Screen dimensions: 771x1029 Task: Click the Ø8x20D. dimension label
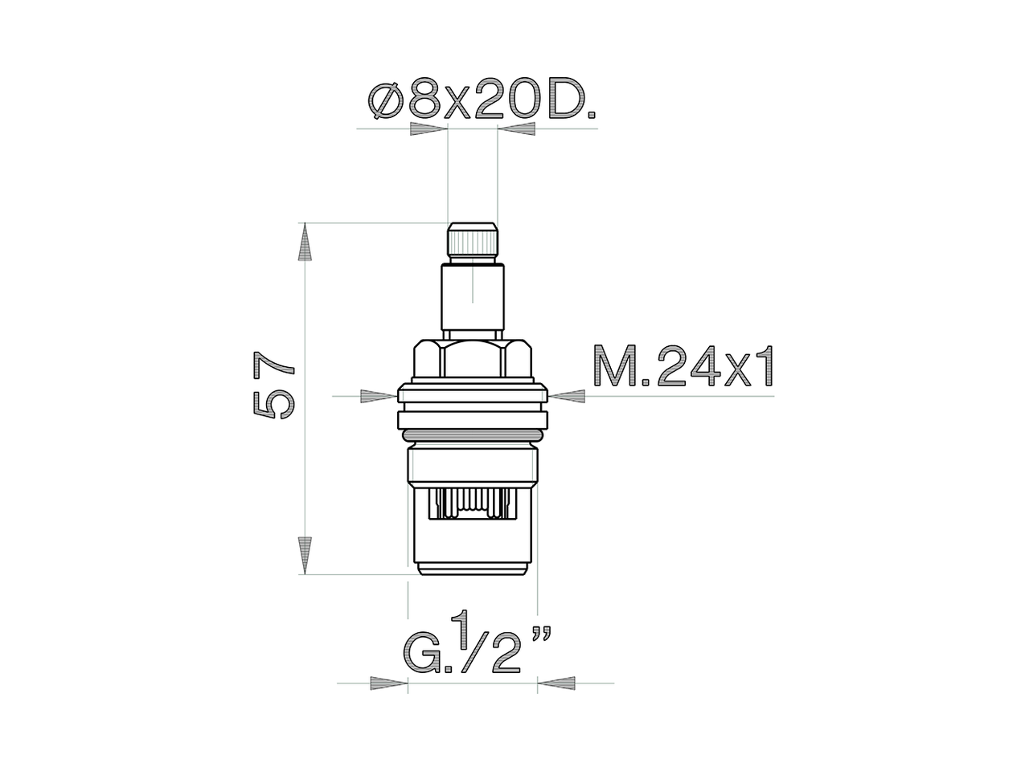click(482, 101)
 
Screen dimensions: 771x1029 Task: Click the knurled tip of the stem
click(472, 241)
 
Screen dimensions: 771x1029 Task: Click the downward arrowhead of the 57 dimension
click(305, 554)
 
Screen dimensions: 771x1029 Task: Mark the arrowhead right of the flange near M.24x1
click(568, 395)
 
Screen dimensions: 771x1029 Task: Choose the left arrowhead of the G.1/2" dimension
click(388, 683)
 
